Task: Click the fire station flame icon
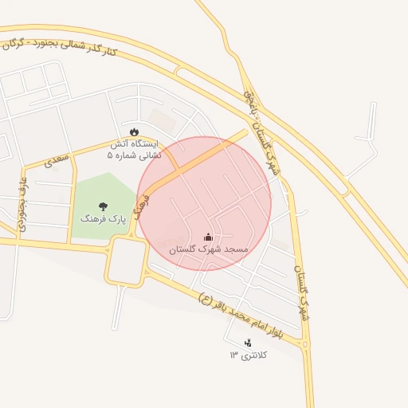coord(134,131)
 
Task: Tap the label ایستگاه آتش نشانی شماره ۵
coord(134,150)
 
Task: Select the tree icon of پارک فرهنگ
coord(104,206)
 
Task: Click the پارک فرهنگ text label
coord(98,218)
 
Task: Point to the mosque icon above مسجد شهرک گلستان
coord(209,237)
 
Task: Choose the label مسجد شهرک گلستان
coord(209,249)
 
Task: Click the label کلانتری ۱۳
coord(249,355)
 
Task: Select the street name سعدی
coord(57,159)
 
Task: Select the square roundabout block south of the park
coord(126,261)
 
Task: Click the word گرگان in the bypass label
coord(16,41)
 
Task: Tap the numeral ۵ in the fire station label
coord(111,155)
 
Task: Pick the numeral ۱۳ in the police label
coord(233,355)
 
